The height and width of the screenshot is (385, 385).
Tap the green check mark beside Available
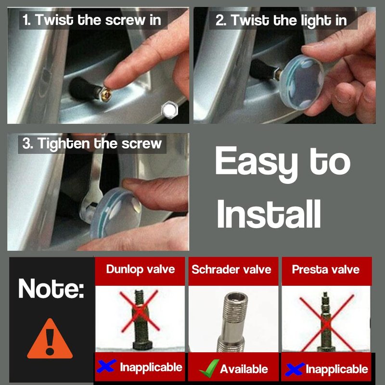pos(209,368)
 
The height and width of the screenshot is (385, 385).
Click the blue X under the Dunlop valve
pos(106,366)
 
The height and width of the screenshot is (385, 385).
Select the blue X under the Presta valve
pos(295,369)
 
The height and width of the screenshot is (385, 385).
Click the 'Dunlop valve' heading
pos(141,269)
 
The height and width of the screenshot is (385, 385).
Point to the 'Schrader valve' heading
pos(231,269)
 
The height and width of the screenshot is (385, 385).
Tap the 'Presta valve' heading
pos(326,269)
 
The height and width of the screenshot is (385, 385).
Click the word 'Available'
pos(244,369)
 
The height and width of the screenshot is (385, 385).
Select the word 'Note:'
pos(51,288)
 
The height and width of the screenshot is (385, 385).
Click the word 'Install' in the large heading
pos(269,214)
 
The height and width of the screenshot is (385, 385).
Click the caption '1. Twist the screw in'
pos(92,20)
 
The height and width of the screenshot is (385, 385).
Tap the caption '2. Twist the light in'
pos(281,20)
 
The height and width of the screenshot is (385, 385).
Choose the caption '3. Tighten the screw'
pos(92,143)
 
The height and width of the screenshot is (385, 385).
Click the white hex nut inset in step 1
pos(169,110)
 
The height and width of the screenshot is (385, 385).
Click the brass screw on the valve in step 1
pos(106,94)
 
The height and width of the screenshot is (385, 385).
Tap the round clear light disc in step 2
pos(301,82)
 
